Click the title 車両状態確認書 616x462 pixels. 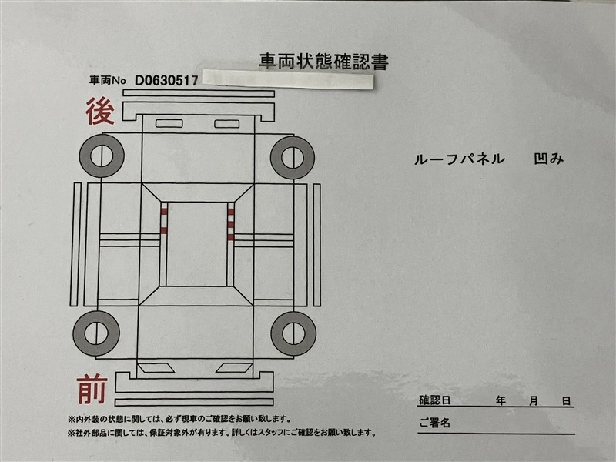point(323,62)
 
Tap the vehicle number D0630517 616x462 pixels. point(166,81)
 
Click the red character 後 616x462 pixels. point(100,111)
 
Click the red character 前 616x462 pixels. point(92,390)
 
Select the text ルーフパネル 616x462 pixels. point(459,159)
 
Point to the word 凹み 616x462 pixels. point(549,159)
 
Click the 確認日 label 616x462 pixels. point(434,400)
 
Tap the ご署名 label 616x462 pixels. point(434,423)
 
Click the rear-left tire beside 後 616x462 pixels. point(102,156)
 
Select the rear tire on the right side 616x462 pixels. point(293,158)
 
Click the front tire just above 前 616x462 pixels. point(95,333)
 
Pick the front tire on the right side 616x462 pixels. point(293,334)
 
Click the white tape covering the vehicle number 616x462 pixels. point(287,79)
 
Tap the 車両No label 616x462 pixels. point(107,81)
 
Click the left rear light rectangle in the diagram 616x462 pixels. point(169,123)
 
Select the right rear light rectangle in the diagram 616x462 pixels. point(226,124)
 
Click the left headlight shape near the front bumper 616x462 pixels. point(156,368)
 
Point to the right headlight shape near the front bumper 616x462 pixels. point(234,368)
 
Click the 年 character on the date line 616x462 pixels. point(500,400)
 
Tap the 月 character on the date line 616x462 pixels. point(533,400)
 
